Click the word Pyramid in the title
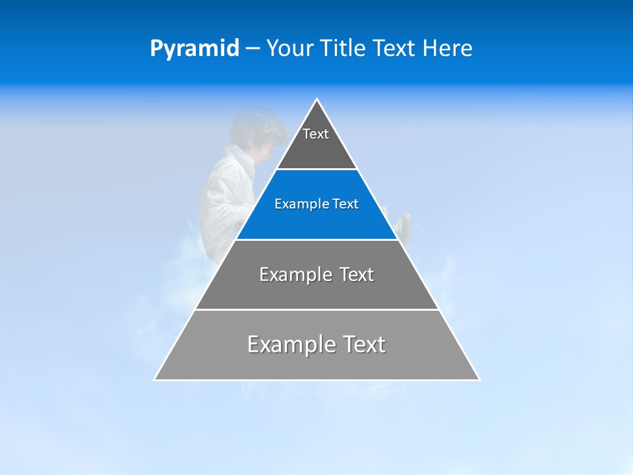(x=194, y=49)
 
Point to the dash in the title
(x=253, y=49)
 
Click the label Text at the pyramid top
(x=316, y=134)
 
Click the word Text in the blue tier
(x=346, y=205)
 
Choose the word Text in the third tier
(x=357, y=274)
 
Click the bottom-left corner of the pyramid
(x=156, y=379)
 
